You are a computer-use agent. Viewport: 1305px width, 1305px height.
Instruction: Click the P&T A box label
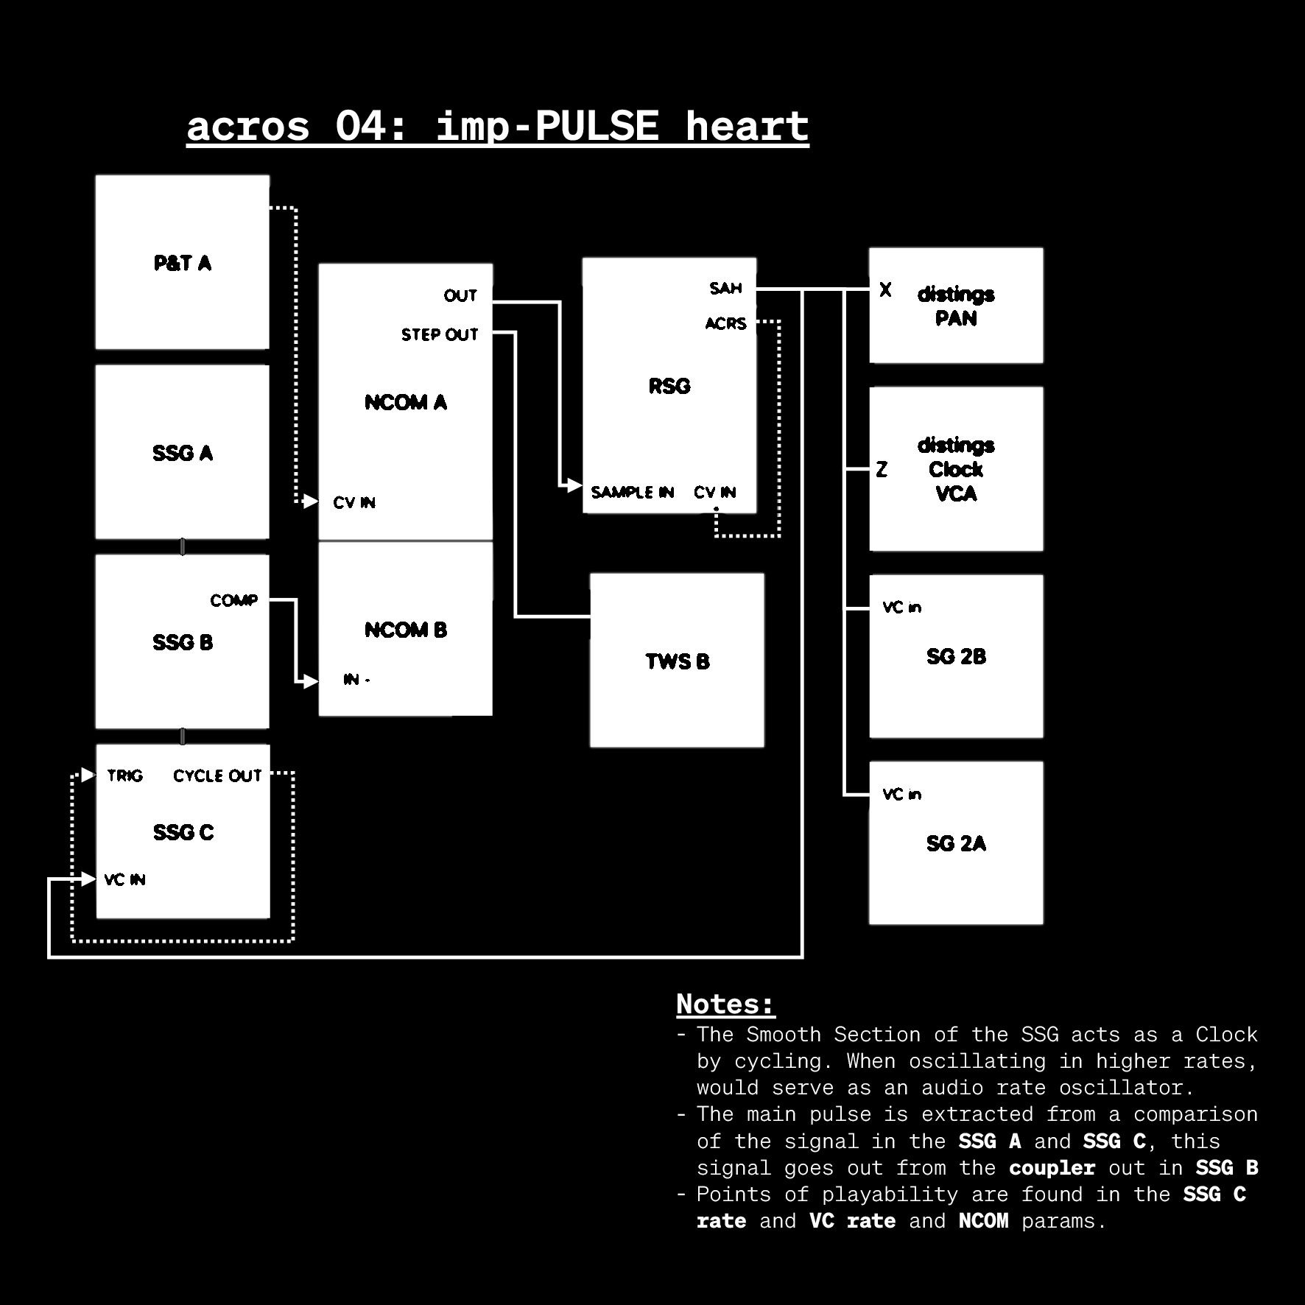coord(182,263)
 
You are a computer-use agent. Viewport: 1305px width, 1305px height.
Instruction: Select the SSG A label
coord(182,453)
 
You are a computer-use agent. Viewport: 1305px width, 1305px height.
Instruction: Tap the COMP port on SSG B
coord(234,600)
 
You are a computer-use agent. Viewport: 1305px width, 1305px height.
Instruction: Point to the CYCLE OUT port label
coord(217,775)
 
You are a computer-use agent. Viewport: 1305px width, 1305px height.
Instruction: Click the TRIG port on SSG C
coord(124,775)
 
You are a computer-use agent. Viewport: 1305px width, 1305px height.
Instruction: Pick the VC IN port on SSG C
coord(124,879)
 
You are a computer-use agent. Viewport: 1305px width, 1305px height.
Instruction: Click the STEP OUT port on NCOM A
coord(440,334)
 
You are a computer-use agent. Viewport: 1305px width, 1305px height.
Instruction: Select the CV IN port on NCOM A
coord(354,502)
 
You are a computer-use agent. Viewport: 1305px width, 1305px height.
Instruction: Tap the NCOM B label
coord(406,630)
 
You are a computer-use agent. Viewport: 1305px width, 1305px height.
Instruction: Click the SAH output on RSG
coord(725,288)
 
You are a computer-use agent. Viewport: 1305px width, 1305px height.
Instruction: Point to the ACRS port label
coord(725,323)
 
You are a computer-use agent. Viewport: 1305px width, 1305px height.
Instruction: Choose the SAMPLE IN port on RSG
coord(632,492)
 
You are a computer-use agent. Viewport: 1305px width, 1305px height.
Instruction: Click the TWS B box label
coord(678,661)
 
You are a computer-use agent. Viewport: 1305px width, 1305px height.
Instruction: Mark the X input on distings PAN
coord(885,290)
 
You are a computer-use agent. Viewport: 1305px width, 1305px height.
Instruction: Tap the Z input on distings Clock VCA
coord(882,469)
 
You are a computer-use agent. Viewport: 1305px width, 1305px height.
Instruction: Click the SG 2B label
coord(956,656)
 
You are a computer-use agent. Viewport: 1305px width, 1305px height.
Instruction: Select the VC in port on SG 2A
coord(901,794)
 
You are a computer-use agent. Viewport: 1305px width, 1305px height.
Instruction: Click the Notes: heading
coord(725,1004)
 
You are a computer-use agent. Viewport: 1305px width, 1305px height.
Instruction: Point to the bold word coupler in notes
coord(1052,1168)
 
